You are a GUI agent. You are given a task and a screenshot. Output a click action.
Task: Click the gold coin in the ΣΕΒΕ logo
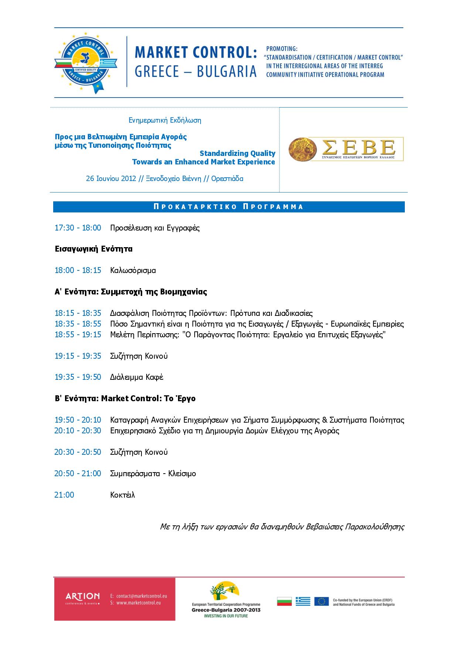click(x=303, y=149)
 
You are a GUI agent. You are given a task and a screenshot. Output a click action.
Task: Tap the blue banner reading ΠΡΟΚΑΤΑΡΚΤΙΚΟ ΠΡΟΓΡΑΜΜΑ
click(x=229, y=207)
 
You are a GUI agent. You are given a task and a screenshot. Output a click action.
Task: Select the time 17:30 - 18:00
click(x=78, y=228)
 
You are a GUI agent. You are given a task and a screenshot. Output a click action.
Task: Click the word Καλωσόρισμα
click(x=133, y=270)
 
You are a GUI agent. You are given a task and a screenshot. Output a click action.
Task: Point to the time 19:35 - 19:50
click(x=78, y=377)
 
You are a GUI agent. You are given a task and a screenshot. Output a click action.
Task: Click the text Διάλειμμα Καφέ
click(x=137, y=377)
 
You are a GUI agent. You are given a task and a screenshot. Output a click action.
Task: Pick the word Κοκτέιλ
click(x=122, y=495)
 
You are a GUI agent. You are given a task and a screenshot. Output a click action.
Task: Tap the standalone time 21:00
click(x=64, y=495)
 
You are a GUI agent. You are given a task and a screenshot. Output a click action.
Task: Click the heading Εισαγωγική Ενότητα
click(x=93, y=249)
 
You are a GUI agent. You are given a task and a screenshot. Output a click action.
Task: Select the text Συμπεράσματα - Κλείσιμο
click(x=153, y=474)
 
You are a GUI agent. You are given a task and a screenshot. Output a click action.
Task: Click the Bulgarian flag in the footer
click(x=284, y=601)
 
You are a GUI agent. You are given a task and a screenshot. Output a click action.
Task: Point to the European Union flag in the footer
click(x=321, y=601)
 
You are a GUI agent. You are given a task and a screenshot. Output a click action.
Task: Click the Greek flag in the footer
click(x=303, y=601)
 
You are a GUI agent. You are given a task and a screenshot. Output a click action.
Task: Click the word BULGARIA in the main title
click(x=227, y=71)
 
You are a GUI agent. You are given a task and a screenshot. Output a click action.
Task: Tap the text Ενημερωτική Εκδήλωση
click(x=165, y=120)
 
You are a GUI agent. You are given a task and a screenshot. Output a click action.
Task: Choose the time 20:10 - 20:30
click(x=78, y=431)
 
